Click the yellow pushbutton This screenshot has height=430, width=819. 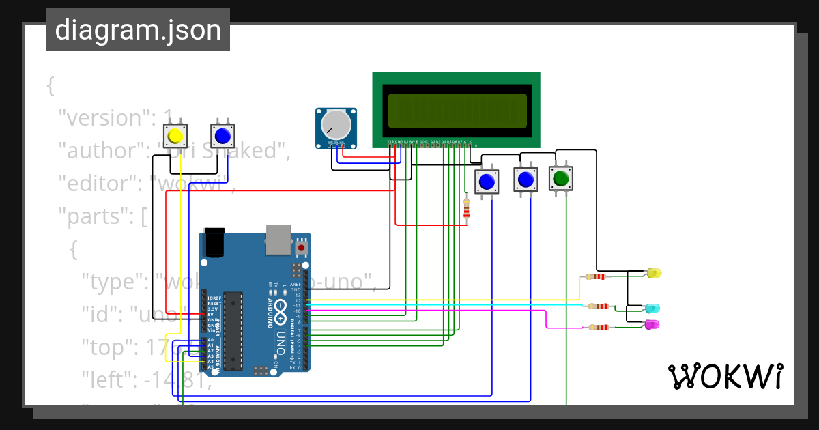tap(175, 135)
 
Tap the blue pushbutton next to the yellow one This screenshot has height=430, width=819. tap(222, 135)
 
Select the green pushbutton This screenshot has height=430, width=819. tap(561, 179)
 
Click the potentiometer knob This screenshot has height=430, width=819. tap(336, 125)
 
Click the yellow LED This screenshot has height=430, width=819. tap(653, 274)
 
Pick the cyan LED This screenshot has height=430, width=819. tap(652, 309)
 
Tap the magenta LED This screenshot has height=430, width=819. tap(652, 325)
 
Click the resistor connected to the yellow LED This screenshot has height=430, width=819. tap(599, 276)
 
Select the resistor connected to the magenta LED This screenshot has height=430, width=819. tap(599, 327)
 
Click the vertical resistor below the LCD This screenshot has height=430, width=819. tap(467, 208)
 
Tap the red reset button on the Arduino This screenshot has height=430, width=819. tap(301, 247)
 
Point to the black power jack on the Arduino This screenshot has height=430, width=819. tap(214, 243)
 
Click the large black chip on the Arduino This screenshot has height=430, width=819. tap(233, 331)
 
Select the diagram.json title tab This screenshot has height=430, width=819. tap(138, 31)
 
